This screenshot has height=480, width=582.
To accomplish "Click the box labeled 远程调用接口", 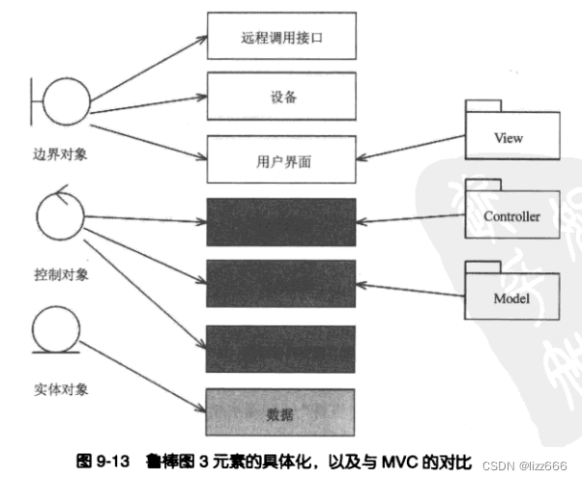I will tap(280, 40).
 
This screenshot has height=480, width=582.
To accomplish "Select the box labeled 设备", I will tap(280, 98).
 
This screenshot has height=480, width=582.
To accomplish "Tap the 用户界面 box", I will tap(280, 157).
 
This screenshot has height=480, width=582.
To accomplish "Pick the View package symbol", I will tap(512, 136).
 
